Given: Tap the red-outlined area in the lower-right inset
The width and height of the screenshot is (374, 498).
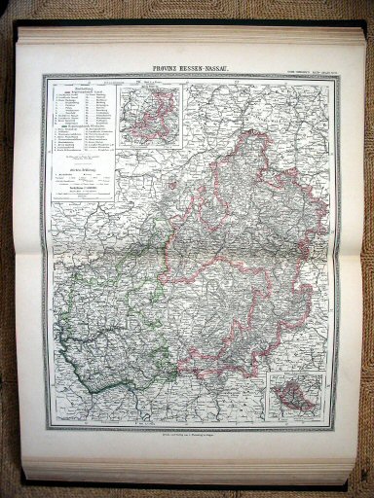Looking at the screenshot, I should pyautogui.click(x=291, y=398).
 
